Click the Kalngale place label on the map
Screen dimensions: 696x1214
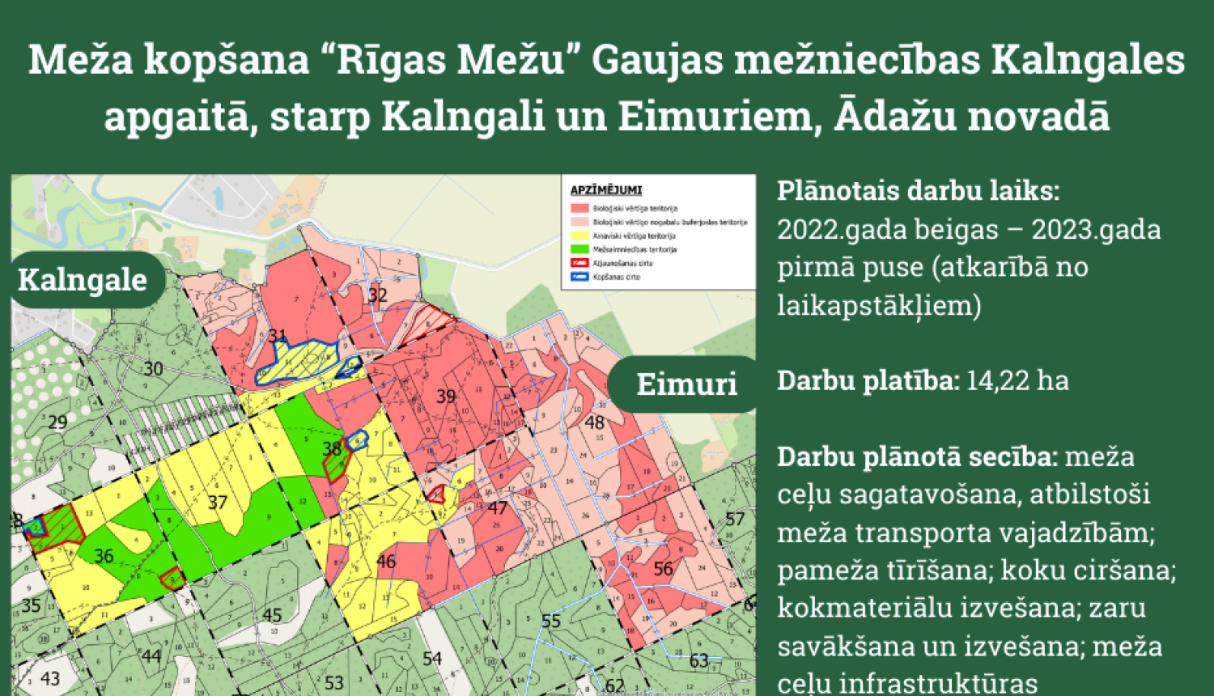tap(83, 280)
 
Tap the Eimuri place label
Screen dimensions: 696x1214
tap(686, 384)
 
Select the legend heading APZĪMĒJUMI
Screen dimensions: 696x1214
tap(605, 190)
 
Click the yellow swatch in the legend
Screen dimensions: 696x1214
tap(579, 236)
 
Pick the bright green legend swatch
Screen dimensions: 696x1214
tap(579, 249)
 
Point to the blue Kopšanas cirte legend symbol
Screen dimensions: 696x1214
tap(579, 277)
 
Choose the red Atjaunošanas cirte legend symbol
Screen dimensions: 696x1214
tap(579, 263)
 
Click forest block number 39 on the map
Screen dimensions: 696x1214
tap(446, 397)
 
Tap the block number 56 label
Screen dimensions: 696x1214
tap(663, 569)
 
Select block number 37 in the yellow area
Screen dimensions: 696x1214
tap(217, 503)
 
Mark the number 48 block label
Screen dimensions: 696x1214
tap(595, 422)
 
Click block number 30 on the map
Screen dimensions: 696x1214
tap(153, 369)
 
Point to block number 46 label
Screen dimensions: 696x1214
tap(386, 562)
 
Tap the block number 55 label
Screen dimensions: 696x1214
tap(551, 622)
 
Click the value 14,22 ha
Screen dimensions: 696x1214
tap(1017, 380)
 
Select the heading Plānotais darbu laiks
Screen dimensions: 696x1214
tap(918, 191)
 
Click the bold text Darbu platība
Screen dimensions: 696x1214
tap(868, 380)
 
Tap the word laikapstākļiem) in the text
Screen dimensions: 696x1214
tap(879, 305)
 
